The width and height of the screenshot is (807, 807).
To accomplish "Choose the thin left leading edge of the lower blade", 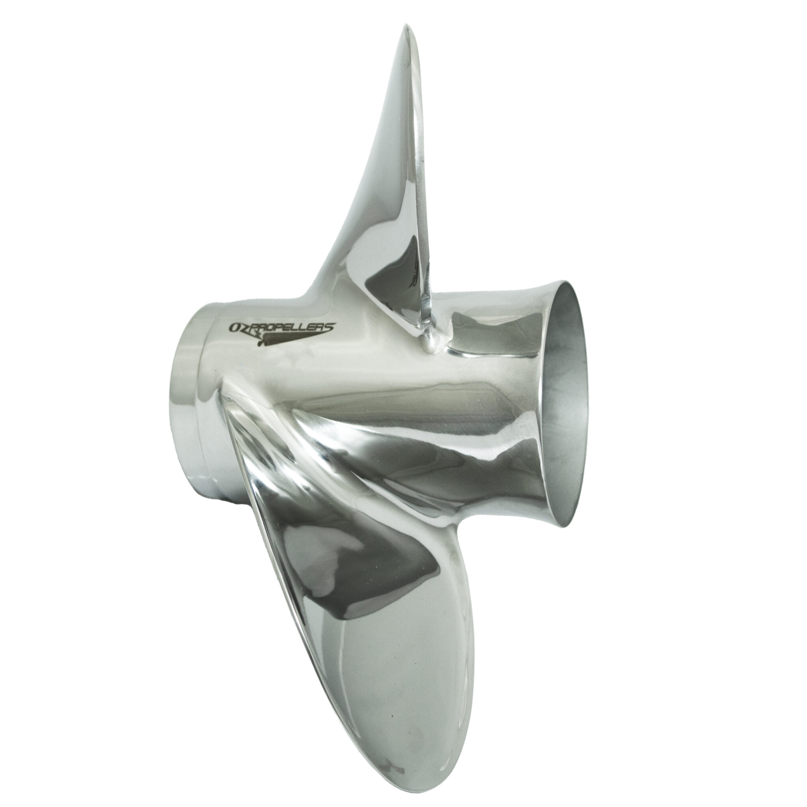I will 267,585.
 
